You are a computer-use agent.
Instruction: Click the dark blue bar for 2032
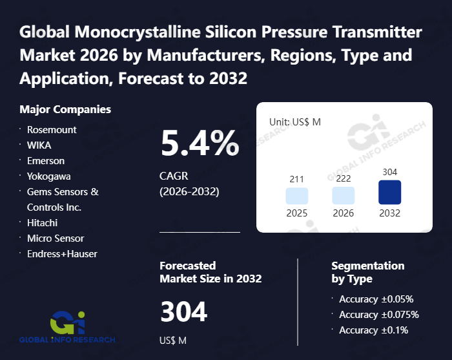389,192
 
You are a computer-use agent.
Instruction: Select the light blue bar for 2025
297,196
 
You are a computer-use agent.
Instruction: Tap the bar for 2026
344,196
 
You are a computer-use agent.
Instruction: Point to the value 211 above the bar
297,179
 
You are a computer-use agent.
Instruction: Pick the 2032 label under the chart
389,213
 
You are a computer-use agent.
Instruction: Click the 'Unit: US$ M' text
295,122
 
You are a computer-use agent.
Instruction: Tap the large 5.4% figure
199,144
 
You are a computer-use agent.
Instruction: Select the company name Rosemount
52,129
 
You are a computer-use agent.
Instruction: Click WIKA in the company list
39,145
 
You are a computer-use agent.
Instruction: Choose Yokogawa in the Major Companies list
49,176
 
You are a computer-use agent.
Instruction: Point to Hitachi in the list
42,222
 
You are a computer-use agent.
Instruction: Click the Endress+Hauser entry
62,253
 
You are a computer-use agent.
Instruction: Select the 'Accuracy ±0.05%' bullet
376,299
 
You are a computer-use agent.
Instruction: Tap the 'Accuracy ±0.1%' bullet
373,330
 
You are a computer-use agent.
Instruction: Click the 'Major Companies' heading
65,109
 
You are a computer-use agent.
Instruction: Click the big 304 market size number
184,313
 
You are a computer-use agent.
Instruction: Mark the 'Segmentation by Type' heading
367,272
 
